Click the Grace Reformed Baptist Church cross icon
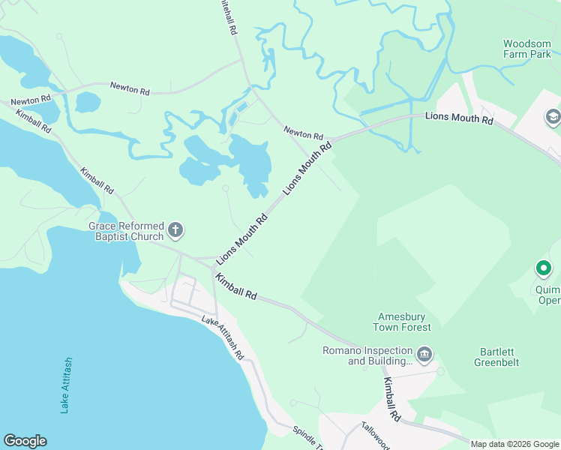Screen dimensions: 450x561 coord(175,230)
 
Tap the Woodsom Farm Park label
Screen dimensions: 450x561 coord(527,49)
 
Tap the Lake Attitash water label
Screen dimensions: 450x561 coord(67,385)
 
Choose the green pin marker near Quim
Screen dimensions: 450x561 coord(543,268)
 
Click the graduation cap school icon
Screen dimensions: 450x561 coord(553,117)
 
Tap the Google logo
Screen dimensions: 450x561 coord(25,441)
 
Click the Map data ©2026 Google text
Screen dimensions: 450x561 coord(514,444)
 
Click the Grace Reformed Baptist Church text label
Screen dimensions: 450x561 coord(125,231)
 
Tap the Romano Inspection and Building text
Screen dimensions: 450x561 coord(367,355)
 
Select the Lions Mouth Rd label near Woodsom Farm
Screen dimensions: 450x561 coord(459,118)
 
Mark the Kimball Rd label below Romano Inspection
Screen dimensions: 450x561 coord(391,397)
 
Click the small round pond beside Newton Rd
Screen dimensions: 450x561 coord(88,102)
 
